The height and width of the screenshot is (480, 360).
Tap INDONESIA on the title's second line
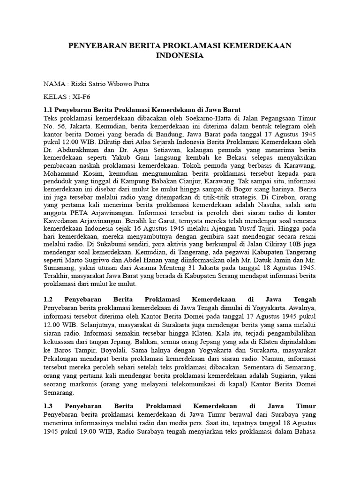[x=180, y=55]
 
